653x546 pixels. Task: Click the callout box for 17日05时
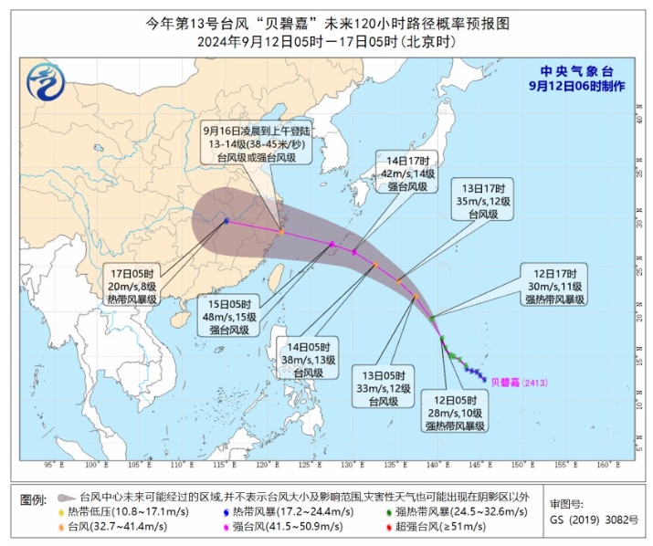point(134,285)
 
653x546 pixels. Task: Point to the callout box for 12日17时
point(556,285)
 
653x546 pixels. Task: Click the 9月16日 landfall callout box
point(248,144)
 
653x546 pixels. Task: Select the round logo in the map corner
point(44,84)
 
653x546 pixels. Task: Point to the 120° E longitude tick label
point(258,466)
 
